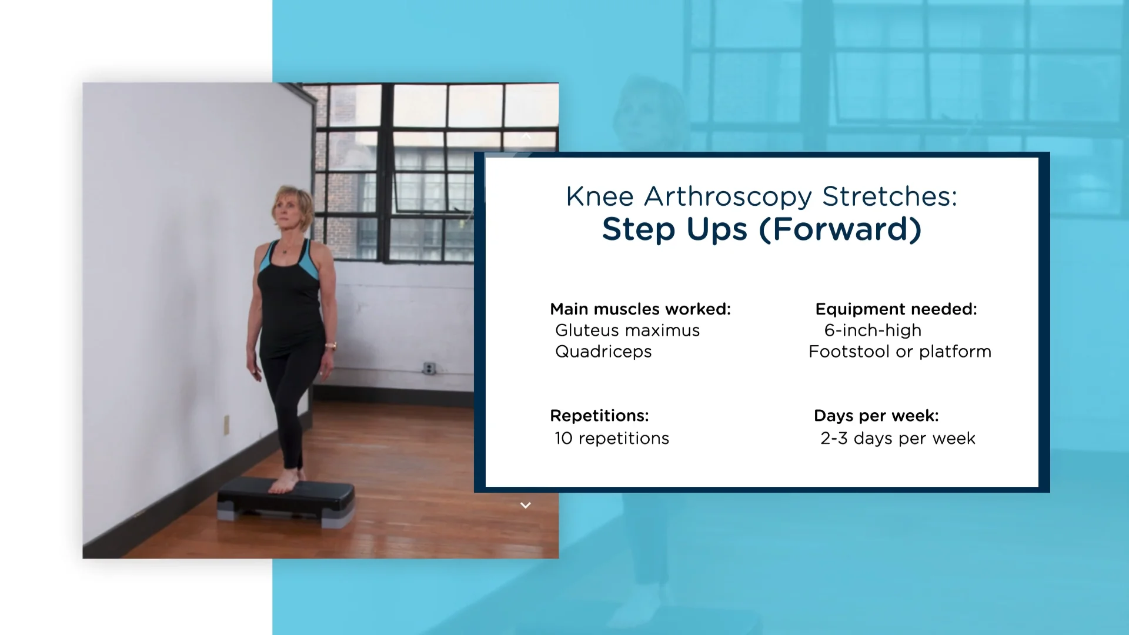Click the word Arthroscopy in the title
point(727,197)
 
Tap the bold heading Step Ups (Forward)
point(761,229)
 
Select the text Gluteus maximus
point(627,330)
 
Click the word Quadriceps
point(603,352)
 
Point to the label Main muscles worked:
point(640,309)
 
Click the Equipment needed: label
point(896,309)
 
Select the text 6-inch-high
point(873,330)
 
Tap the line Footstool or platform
point(900,352)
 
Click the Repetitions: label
point(599,416)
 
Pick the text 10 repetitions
point(612,439)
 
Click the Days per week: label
point(876,416)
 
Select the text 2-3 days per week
point(898,439)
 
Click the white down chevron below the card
point(526,506)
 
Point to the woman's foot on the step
point(285,482)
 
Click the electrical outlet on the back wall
point(429,369)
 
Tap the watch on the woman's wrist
point(331,346)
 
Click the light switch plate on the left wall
point(226,424)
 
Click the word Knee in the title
point(600,197)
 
